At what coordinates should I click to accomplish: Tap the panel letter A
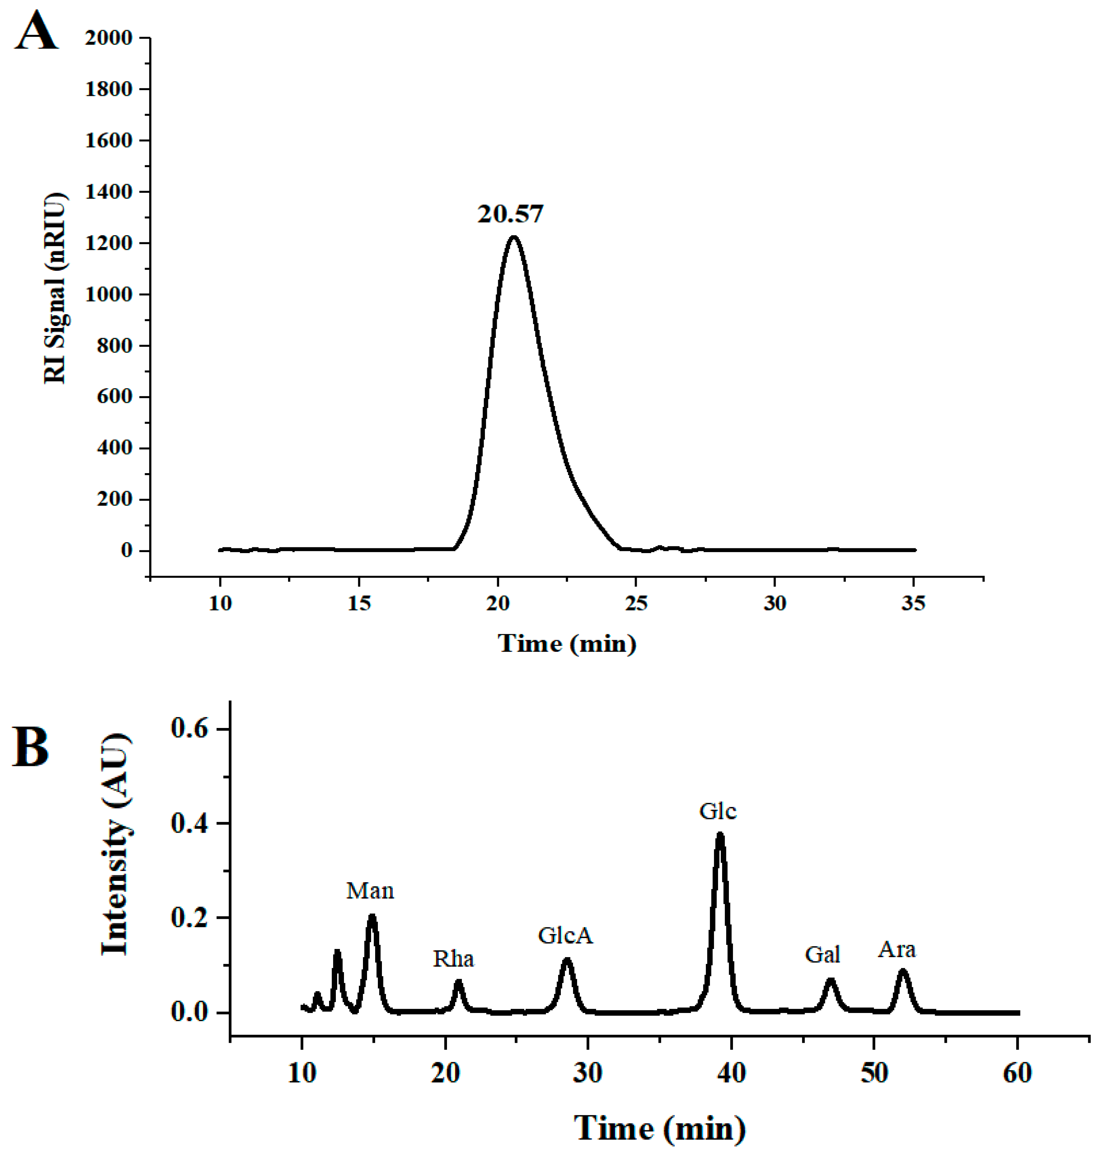pyautogui.click(x=36, y=32)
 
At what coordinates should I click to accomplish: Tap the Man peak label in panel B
pyautogui.click(x=370, y=891)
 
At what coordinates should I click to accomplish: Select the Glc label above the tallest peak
pyautogui.click(x=718, y=811)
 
